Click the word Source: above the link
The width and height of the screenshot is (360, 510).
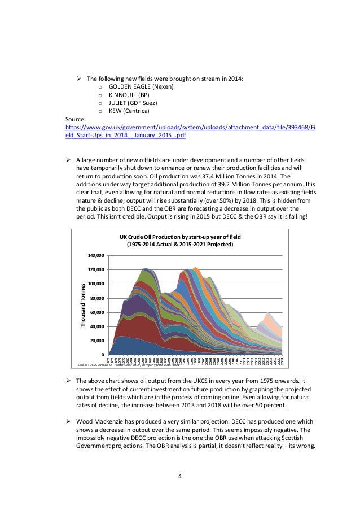(76, 120)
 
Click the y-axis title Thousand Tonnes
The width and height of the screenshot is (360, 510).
(83, 306)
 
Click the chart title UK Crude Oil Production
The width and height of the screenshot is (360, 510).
(178, 237)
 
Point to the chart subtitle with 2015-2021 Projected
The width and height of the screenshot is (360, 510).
(178, 245)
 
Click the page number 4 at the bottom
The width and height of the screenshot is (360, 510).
(179, 476)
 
